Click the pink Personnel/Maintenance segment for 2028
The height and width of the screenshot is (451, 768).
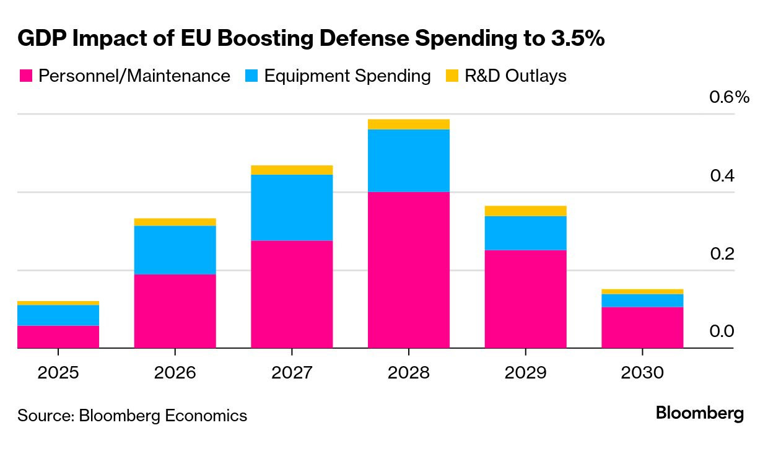(408, 269)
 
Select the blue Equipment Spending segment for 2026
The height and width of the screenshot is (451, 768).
(175, 250)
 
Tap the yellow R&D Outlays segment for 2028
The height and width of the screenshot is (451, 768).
(408, 124)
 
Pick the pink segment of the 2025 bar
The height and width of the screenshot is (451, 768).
(58, 336)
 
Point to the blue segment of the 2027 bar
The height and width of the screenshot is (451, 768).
(292, 208)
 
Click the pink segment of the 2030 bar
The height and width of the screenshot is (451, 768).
(642, 327)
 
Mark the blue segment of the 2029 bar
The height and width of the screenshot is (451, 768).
(525, 233)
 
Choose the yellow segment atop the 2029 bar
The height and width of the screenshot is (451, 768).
(525, 211)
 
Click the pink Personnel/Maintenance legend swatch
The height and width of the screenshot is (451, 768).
(25, 76)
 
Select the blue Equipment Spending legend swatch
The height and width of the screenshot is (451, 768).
(251, 76)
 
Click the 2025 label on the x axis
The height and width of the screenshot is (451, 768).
(58, 372)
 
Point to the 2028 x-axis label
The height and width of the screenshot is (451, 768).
(408, 372)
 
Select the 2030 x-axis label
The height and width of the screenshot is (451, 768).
(642, 372)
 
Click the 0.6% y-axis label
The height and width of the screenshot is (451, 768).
(729, 97)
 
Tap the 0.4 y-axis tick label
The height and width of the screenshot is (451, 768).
(722, 176)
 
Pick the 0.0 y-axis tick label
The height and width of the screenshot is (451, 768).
(722, 331)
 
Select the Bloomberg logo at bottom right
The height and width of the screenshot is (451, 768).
(700, 413)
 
